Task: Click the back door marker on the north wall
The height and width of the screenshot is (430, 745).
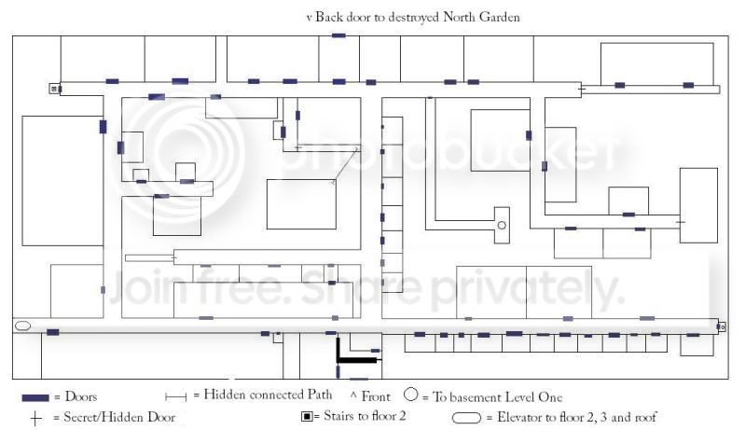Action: point(338,35)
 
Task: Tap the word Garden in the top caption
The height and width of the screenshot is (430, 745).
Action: point(500,17)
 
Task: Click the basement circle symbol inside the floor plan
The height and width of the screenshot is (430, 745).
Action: point(502,225)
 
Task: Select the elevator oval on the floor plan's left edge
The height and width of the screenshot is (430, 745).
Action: point(22,326)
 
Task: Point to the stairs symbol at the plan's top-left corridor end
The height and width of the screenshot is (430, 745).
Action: point(54,89)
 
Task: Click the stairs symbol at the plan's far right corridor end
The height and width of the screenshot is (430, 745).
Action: point(722,326)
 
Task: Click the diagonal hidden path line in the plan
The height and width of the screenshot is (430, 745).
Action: point(345,165)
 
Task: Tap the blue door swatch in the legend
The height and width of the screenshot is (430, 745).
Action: point(35,397)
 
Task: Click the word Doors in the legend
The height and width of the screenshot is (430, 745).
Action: point(81,396)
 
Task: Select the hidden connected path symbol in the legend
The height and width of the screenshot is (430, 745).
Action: point(176,396)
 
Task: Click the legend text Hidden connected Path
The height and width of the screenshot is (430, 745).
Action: point(268,395)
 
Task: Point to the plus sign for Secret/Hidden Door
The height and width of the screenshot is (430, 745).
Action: point(35,419)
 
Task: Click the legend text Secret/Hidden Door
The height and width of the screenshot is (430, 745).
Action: point(119,417)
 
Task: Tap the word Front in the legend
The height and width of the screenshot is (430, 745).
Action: point(376,396)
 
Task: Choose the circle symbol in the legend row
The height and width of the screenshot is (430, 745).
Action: point(411,395)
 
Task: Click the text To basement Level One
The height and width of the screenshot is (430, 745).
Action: point(497,396)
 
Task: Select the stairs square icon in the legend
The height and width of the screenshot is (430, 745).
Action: point(307,417)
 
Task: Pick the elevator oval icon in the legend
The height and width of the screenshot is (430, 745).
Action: point(466,418)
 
